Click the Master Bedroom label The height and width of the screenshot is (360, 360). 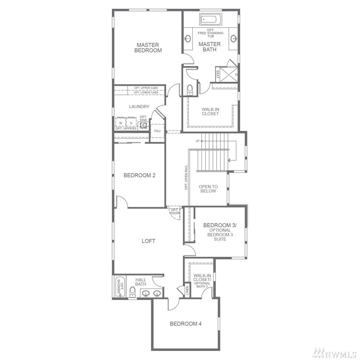coord(148,48)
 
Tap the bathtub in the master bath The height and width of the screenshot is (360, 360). coord(211,19)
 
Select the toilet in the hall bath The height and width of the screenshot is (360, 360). coord(132,292)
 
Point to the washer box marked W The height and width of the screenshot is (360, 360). coord(121,123)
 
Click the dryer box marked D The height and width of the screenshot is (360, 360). coord(131,123)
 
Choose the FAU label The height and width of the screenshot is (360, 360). coord(157,131)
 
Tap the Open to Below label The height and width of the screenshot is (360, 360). coord(208,189)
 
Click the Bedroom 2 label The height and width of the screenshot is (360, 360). coord(139,175)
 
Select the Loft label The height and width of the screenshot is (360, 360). coord(149,241)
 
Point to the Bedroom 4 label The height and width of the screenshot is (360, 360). coord(186,324)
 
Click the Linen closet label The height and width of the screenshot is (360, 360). coord(187,291)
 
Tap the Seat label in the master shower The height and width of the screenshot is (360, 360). coord(218,74)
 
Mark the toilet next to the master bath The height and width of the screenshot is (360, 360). coord(190,89)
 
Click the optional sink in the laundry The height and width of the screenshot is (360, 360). coord(144,125)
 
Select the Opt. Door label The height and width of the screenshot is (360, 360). coord(175,211)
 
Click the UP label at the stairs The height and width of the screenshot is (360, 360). coord(197,141)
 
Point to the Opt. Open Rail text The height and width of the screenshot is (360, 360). coord(186,177)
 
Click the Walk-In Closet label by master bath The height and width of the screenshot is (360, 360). coord(210,111)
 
